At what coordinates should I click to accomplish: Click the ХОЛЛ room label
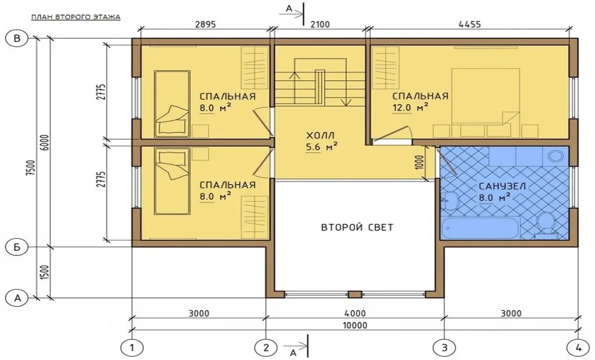coord(321,135)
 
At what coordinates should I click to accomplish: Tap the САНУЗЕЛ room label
coord(502,186)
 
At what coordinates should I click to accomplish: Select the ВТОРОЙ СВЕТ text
coord(357,227)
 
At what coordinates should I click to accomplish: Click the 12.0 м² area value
coord(410,107)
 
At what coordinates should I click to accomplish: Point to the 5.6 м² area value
coord(321,147)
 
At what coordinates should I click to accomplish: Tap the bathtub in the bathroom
coord(479,228)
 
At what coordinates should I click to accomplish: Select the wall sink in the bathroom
coord(450,199)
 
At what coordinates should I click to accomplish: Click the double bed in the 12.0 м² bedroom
coord(485,102)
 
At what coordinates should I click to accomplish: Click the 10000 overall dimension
coord(355,326)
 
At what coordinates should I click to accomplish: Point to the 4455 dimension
coord(469,24)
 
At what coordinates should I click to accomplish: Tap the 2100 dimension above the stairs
coord(320,24)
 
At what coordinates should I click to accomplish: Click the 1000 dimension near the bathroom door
coord(420,163)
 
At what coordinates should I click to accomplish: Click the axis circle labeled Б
coord(17,247)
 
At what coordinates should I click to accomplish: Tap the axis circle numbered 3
coord(445,347)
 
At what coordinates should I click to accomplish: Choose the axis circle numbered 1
coord(132,347)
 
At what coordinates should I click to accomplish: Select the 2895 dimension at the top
coord(205,24)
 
